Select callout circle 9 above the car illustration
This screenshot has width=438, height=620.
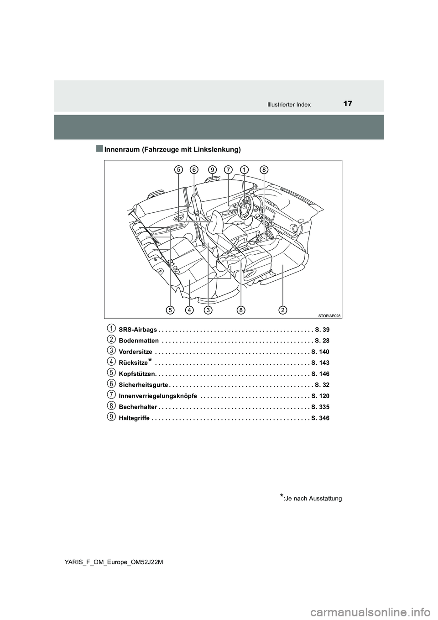click(x=212, y=170)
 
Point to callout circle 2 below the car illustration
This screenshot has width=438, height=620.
click(x=283, y=310)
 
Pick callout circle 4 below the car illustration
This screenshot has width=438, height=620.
click(x=188, y=310)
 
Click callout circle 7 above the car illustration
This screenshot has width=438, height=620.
click(x=228, y=170)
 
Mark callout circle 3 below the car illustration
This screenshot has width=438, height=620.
click(x=208, y=310)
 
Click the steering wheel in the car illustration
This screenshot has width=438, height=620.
click(x=245, y=208)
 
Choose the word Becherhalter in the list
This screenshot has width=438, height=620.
click(x=138, y=407)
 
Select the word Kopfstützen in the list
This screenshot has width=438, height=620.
click(x=136, y=374)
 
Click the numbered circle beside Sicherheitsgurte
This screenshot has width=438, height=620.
click(x=111, y=384)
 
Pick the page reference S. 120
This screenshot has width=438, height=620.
click(x=320, y=396)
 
